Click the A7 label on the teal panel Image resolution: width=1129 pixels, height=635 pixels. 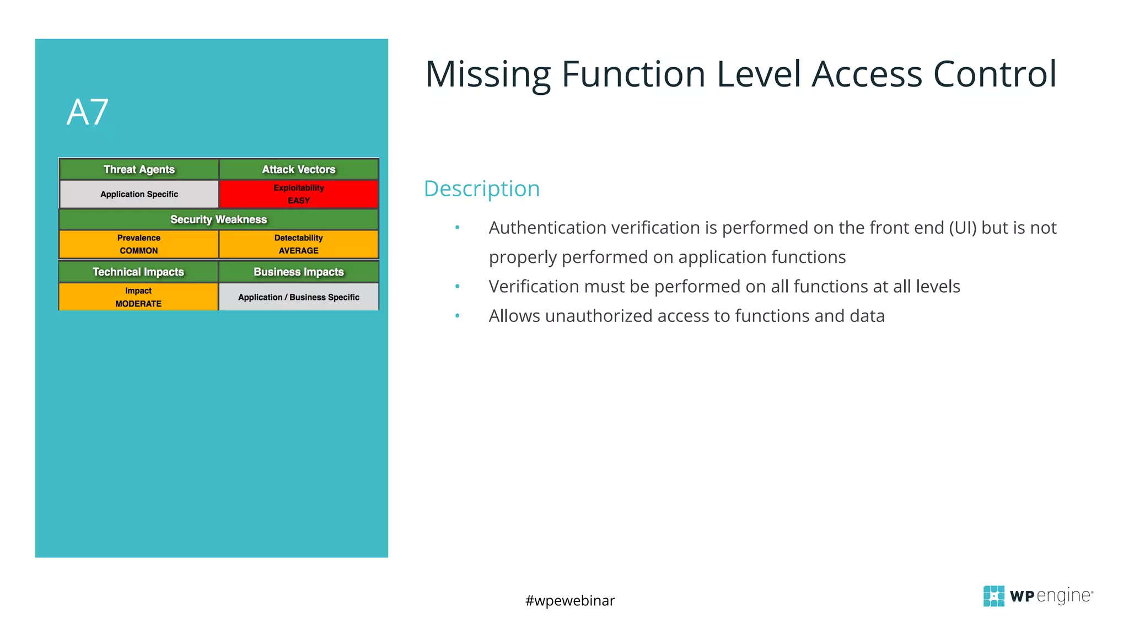click(x=87, y=112)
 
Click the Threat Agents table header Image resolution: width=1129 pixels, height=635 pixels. click(x=139, y=169)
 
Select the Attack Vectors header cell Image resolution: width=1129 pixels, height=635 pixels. click(x=298, y=169)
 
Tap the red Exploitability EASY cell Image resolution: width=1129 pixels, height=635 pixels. click(x=298, y=194)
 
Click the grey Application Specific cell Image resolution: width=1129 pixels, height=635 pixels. click(x=139, y=194)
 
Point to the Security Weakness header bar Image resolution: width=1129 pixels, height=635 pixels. click(x=218, y=219)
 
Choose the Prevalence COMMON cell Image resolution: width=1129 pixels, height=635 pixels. click(x=139, y=244)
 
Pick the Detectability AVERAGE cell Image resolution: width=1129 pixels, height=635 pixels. click(x=298, y=244)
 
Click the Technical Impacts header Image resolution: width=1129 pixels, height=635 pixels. click(x=138, y=272)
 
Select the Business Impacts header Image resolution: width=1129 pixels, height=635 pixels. click(x=298, y=272)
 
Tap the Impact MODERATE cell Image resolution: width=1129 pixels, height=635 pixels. click(x=138, y=297)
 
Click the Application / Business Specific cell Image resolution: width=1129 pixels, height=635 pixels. click(x=298, y=297)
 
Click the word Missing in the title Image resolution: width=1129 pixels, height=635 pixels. click(x=488, y=74)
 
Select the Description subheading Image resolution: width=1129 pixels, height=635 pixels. click(x=481, y=189)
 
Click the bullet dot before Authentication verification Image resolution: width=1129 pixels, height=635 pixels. click(x=457, y=228)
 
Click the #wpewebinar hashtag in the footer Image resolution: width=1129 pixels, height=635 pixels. click(x=569, y=600)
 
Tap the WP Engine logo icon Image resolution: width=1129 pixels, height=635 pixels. click(x=993, y=596)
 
